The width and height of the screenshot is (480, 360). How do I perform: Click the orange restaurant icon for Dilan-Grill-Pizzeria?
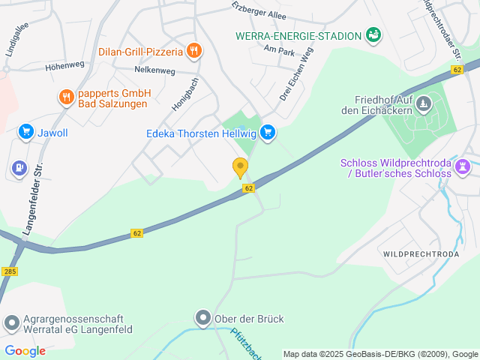click(194, 51)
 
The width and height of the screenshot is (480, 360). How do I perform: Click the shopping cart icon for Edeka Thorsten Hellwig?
click(267, 133)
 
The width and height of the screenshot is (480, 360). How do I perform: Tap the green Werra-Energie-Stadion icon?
click(373, 34)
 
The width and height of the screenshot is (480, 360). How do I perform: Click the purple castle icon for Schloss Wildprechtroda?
click(463, 165)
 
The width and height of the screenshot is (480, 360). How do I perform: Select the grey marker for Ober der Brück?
click(202, 318)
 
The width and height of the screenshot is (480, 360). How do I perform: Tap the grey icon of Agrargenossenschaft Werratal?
click(11, 323)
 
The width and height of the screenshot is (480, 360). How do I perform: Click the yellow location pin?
click(240, 167)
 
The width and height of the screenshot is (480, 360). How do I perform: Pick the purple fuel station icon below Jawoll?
click(19, 166)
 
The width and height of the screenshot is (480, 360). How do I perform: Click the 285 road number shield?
click(9, 271)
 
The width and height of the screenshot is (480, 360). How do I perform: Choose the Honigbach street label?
click(184, 94)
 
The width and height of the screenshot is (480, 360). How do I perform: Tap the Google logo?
click(25, 350)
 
